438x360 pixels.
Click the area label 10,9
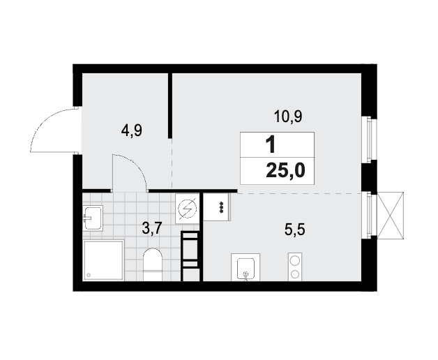tap(288, 117)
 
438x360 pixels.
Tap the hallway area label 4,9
tap(132, 130)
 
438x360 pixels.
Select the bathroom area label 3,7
tap(152, 228)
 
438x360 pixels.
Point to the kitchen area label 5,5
tap(295, 230)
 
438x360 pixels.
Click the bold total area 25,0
tap(285, 170)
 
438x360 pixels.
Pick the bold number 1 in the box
tap(270, 145)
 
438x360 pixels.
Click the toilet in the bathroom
tap(153, 264)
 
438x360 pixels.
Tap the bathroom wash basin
tap(93, 218)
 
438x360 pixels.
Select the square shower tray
tap(103, 260)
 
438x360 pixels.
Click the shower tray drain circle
tap(89, 275)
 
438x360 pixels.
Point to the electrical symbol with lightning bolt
tap(188, 209)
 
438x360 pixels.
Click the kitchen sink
tap(246, 268)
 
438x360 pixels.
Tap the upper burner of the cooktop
tap(295, 261)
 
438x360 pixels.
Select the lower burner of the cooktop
tap(295, 274)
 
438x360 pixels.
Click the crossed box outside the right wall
tap(391, 216)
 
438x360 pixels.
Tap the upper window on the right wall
tap(370, 139)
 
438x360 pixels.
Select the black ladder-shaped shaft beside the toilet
tap(190, 256)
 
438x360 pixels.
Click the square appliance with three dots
tap(217, 207)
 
